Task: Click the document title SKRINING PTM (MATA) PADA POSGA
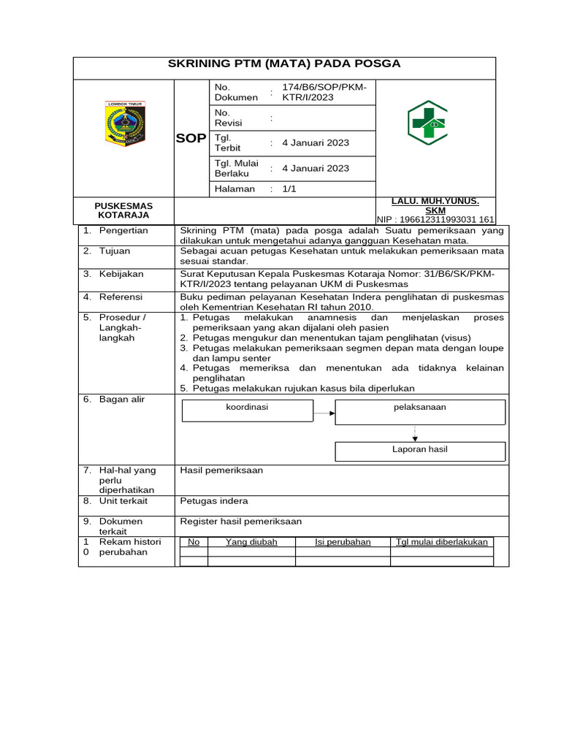coord(284,64)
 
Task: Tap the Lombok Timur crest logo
coord(126,123)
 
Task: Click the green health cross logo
coord(427,123)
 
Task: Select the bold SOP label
coord(191,139)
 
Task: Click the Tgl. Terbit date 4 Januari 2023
coord(316,142)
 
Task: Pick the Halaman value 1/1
coord(289,188)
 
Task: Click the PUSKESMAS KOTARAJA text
coord(123,210)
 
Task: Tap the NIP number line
coord(435,219)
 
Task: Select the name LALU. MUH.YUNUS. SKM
coord(435,205)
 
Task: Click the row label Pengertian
coord(123,231)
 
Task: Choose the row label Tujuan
coord(115,251)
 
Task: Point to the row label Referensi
coord(121,297)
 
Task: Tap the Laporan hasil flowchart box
coord(419,450)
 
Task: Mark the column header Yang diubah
coord(251,542)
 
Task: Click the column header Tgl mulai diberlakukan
coord(441,542)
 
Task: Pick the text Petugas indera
coord(214,501)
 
